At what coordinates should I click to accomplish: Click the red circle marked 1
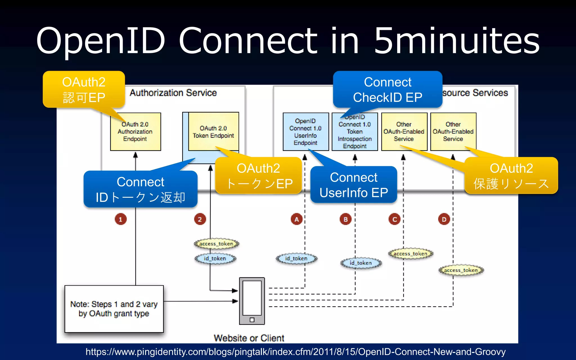[x=121, y=219]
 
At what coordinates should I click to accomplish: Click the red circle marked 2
[x=200, y=219]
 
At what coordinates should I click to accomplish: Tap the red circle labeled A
[x=296, y=219]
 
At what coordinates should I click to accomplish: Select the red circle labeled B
[x=346, y=219]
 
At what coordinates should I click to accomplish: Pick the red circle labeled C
[x=395, y=219]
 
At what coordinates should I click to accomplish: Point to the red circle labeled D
[x=444, y=219]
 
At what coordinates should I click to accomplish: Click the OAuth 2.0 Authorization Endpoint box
[x=135, y=132]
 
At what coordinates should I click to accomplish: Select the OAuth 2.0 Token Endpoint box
[x=213, y=132]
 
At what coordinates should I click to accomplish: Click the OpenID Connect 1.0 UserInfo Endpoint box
[x=305, y=132]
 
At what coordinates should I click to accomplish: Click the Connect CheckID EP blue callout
[x=388, y=89]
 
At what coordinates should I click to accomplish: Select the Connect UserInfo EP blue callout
[x=354, y=185]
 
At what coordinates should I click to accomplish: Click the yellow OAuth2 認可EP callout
[x=84, y=89]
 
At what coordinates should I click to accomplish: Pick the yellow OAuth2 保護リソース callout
[x=511, y=176]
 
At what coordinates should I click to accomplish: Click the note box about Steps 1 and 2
[x=114, y=309]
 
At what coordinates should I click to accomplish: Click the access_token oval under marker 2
[x=216, y=244]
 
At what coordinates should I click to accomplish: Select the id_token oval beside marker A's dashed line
[x=296, y=258]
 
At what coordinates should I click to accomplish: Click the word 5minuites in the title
[x=456, y=41]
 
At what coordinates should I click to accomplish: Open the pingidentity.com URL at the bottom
[x=295, y=352]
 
